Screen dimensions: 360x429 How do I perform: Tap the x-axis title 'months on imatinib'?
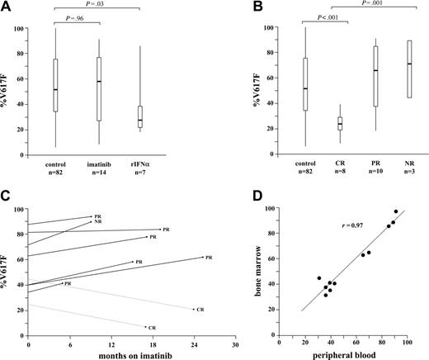coord(130,353)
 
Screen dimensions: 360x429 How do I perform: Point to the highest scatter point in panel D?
coord(395,211)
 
